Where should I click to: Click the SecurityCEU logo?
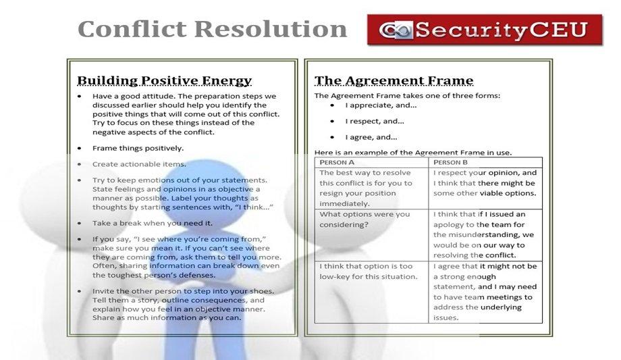pyautogui.click(x=485, y=30)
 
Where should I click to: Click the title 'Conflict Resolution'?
pyautogui.click(x=213, y=29)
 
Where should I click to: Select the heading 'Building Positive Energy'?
pyautogui.click(x=164, y=80)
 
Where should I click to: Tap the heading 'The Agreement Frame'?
pyautogui.click(x=394, y=80)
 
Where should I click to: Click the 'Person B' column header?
pyautogui.click(x=450, y=162)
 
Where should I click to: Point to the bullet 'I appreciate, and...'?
pyautogui.click(x=381, y=105)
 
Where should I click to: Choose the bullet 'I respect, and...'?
pyautogui.click(x=375, y=122)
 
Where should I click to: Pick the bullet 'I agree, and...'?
pyautogui.click(x=371, y=138)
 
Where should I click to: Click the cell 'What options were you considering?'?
pyautogui.click(x=364, y=220)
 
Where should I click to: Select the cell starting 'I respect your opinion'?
pyautogui.click(x=485, y=182)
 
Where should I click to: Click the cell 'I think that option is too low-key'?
pyautogui.click(x=369, y=272)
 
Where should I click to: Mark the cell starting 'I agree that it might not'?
pyautogui.click(x=485, y=291)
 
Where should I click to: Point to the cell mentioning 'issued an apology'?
pyautogui.click(x=485, y=234)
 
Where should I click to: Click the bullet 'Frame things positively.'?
pyautogui.click(x=138, y=148)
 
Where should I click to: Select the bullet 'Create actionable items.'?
pyautogui.click(x=139, y=164)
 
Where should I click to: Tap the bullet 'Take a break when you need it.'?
pyautogui.click(x=153, y=223)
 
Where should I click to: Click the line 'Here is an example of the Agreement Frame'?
pyautogui.click(x=412, y=153)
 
